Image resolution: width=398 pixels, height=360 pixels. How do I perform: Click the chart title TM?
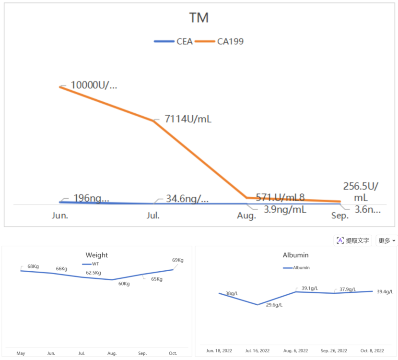199,18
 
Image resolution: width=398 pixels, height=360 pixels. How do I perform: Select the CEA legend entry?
174,41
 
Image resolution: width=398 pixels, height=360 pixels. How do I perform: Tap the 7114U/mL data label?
188,119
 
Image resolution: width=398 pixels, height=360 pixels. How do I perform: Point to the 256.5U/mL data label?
360,192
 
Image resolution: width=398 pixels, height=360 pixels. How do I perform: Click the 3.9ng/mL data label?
285,209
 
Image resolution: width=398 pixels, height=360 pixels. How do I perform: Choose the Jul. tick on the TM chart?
153,216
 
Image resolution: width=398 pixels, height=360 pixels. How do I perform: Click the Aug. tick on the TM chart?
246,216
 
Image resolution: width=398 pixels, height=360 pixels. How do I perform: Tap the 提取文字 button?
353,240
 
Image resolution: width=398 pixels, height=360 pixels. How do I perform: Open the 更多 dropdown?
386,240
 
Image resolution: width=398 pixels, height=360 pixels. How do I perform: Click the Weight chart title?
97,255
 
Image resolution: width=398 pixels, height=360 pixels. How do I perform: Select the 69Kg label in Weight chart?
177,260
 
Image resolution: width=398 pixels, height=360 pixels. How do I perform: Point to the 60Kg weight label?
124,283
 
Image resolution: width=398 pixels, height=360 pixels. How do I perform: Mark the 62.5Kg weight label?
94,273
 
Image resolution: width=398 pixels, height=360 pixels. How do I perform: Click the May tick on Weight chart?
21,353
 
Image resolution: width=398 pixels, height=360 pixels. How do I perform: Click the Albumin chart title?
296,255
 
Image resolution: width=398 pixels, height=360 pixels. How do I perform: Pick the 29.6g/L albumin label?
274,305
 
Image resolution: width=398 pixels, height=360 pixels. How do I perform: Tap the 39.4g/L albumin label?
385,291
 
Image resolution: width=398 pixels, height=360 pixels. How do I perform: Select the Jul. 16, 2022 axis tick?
258,351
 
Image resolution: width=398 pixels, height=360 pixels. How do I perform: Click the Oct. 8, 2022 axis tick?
372,351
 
